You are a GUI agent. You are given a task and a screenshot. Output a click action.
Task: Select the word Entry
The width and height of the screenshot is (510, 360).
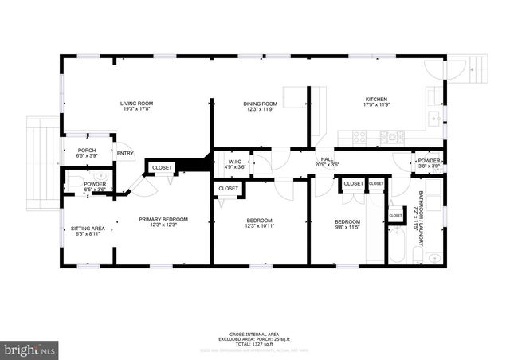125,154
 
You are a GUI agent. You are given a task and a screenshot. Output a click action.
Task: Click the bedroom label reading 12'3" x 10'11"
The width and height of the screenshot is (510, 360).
260,223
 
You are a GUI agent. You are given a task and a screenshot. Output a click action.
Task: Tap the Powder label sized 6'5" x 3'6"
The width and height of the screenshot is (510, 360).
95,186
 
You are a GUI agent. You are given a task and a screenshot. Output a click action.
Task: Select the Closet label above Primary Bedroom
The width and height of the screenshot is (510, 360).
163,167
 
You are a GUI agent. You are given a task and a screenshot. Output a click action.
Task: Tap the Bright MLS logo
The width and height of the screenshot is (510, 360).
30,349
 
